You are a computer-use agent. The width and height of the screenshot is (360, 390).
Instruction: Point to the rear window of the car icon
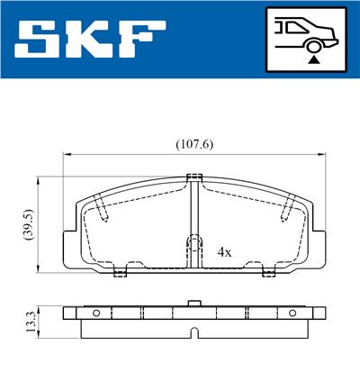coord(290,25)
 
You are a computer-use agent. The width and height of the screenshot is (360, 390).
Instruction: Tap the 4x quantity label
coord(225,252)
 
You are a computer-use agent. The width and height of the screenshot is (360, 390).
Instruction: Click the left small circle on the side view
coord(95,313)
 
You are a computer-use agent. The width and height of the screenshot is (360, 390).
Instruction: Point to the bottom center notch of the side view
coord(192,334)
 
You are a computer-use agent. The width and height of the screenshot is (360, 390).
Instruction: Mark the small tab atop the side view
coord(192,304)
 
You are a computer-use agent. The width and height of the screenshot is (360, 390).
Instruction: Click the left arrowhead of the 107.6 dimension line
coord(67,154)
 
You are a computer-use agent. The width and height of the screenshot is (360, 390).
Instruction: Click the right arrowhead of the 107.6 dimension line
coord(319,154)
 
